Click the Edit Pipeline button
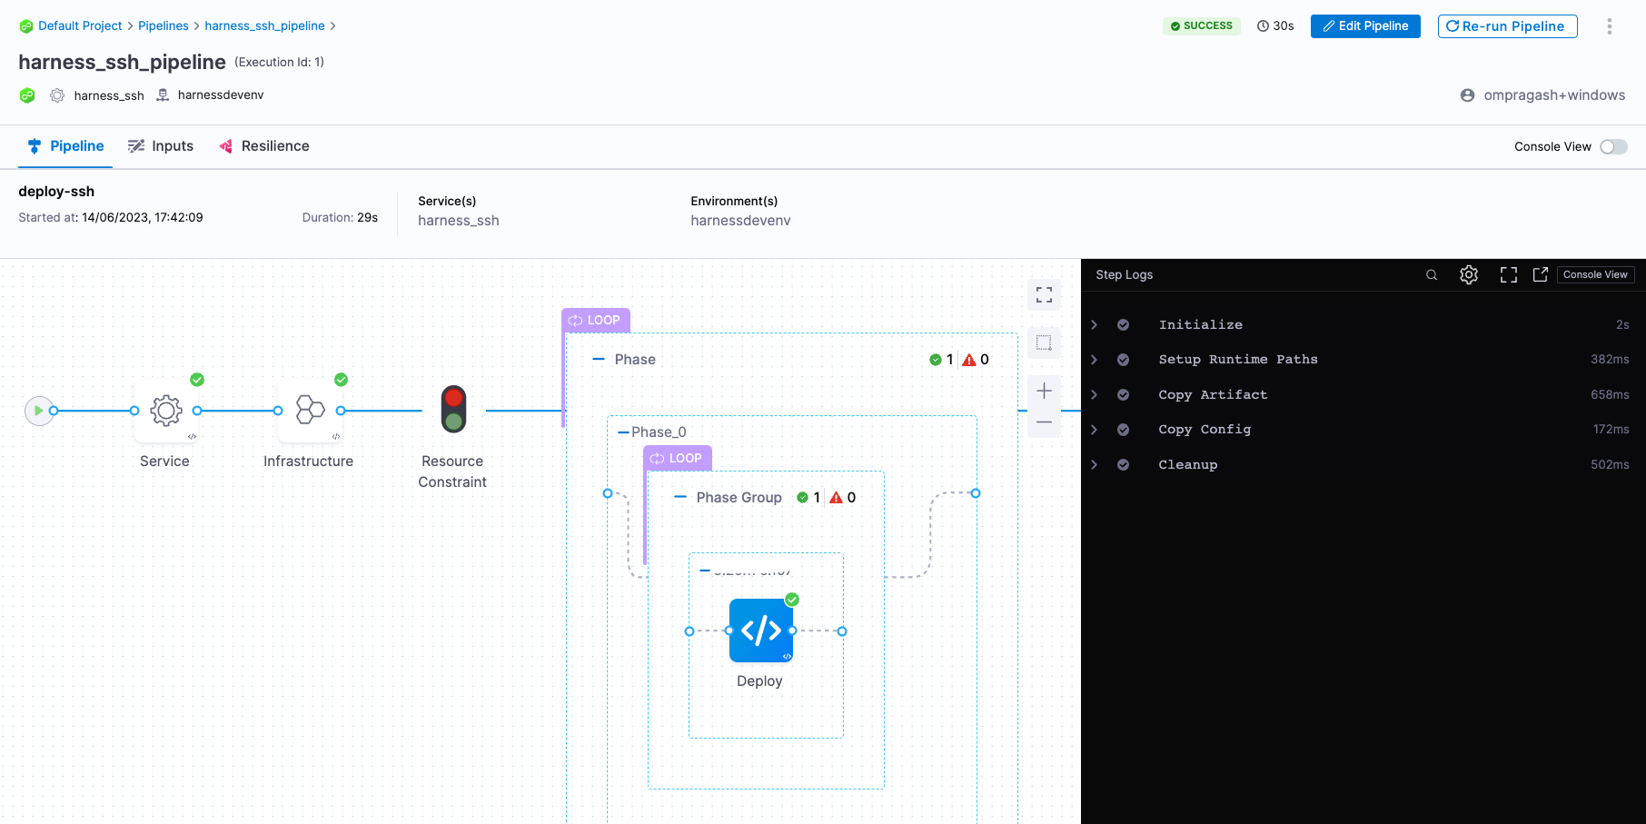tap(1364, 26)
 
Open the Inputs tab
tap(161, 146)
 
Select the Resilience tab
tap(264, 146)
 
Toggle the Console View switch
tap(1613, 146)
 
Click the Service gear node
tap(165, 411)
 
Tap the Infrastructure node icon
tap(310, 411)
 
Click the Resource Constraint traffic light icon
tap(453, 409)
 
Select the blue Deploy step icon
tap(760, 630)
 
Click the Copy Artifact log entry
tap(1212, 394)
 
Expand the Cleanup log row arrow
tap(1095, 464)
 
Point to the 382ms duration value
tap(1609, 360)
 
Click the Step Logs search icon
tap(1432, 274)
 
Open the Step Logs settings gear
tap(1469, 274)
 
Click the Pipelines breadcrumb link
tap(164, 25)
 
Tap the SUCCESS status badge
tap(1201, 26)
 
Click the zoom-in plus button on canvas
tap(1044, 391)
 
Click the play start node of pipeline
tap(38, 411)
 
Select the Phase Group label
tap(739, 498)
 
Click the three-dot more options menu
tap(1609, 26)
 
